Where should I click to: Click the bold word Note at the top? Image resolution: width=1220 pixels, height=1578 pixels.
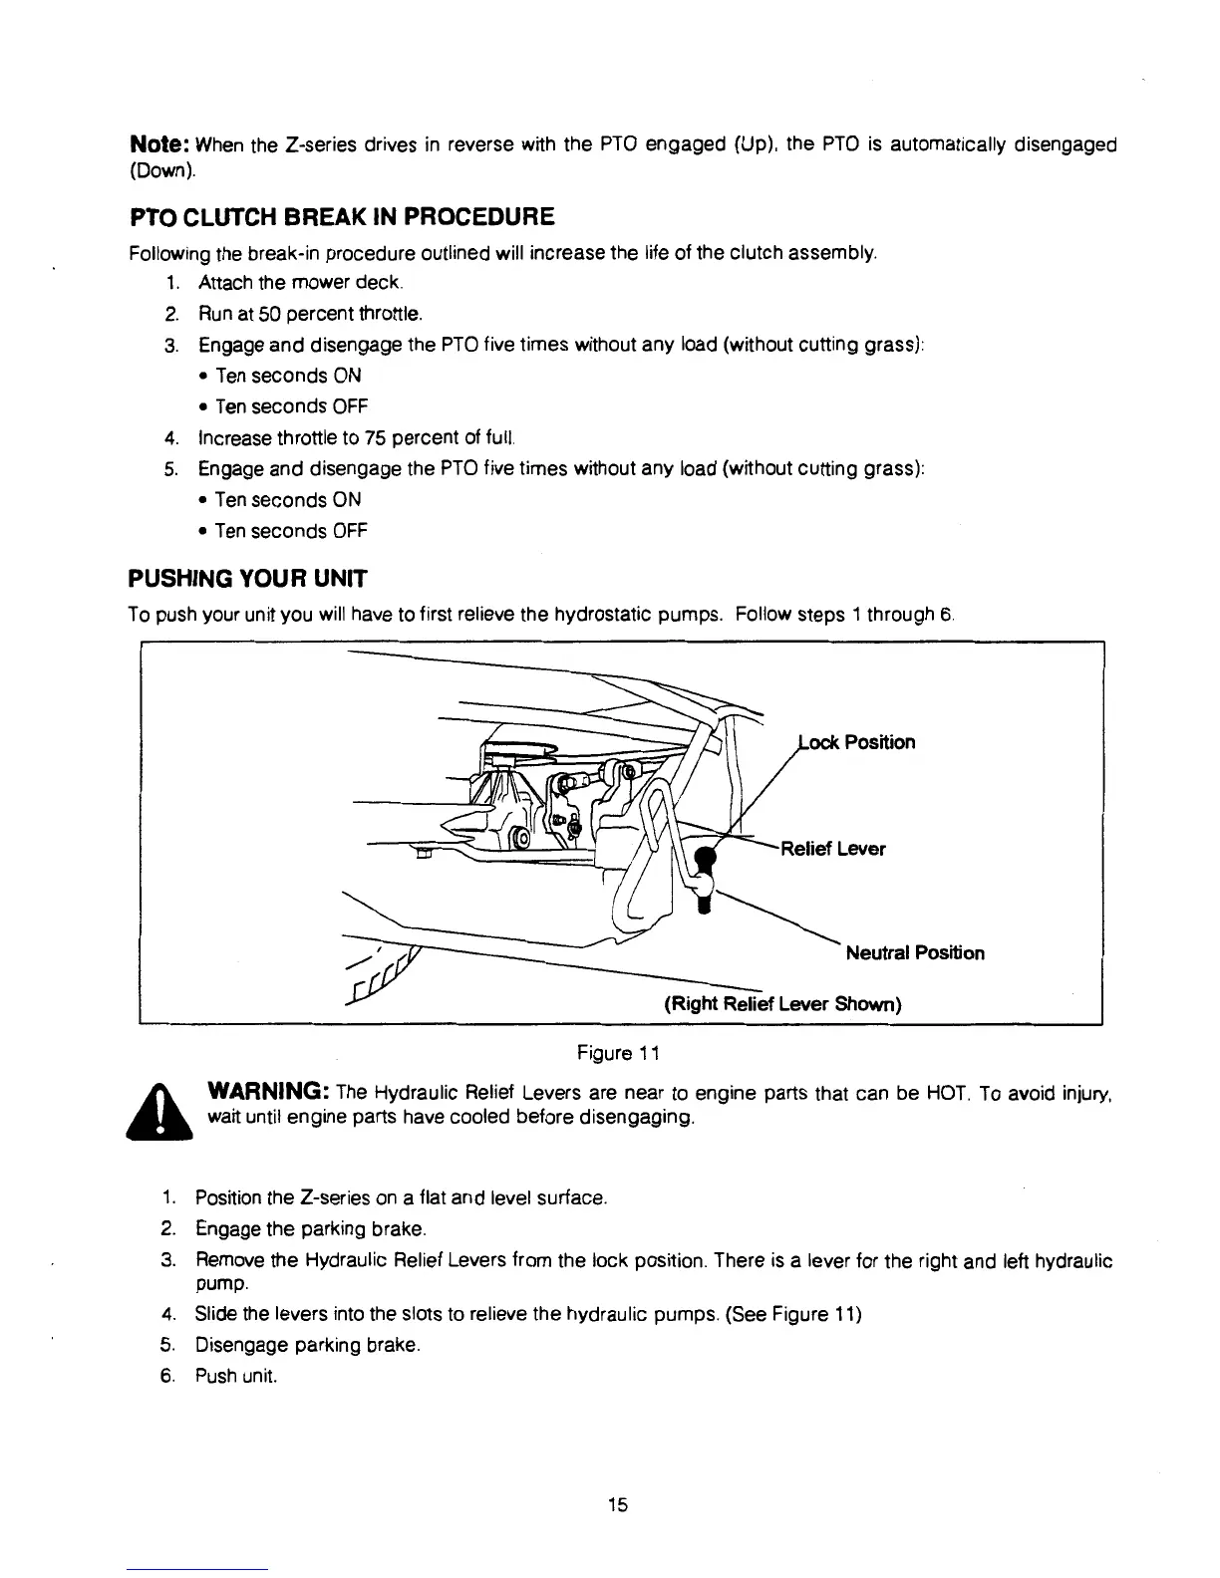(160, 145)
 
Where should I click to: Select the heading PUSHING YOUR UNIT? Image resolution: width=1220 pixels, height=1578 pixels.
(248, 579)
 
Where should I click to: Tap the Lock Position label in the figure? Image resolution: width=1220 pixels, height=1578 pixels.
(857, 742)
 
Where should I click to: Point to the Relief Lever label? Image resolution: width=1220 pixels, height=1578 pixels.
(833, 849)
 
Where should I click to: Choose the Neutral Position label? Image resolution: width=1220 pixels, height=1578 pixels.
(914, 953)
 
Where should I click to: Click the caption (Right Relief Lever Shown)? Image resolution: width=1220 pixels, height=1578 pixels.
(782, 1003)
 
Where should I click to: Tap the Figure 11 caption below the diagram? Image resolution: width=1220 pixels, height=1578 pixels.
(617, 1053)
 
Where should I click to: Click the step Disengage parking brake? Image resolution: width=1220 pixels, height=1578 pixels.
(306, 1346)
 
